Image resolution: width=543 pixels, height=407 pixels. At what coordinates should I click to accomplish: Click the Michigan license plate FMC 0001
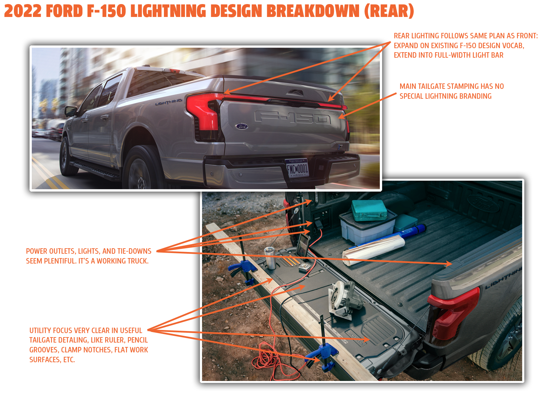coord(297,168)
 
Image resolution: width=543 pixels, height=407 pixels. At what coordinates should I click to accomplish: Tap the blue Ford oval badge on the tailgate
coord(242,126)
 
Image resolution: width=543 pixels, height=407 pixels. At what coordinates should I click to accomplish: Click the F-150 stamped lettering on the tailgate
coord(293,117)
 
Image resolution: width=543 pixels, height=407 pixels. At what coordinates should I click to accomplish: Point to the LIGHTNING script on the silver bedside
coord(168,102)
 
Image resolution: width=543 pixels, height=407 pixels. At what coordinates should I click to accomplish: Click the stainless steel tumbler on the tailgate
coord(270,258)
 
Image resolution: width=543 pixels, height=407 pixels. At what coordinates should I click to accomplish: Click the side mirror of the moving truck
coord(71,111)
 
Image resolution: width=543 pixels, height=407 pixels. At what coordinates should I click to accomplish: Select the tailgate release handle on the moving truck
coord(295,92)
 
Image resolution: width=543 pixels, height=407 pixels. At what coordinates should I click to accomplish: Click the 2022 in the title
coord(23,11)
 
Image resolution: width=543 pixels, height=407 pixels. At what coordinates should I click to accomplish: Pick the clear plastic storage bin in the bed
coord(367,227)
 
